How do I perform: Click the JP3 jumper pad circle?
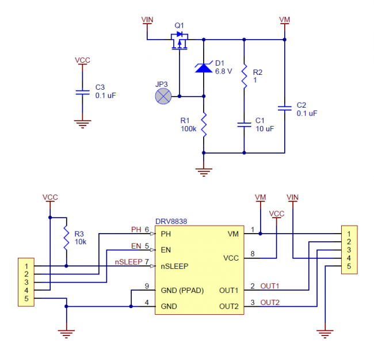164,96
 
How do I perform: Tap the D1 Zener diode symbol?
204,67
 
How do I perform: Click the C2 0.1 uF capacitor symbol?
284,109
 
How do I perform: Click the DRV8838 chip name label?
171,221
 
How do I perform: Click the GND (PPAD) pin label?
181,291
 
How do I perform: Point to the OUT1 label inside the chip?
230,291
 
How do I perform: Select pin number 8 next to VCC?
253,254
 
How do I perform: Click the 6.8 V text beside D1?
223,72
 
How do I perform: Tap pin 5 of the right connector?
349,266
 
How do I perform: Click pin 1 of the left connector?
25,266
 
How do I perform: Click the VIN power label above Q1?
147,20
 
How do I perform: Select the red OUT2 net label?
270,302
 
